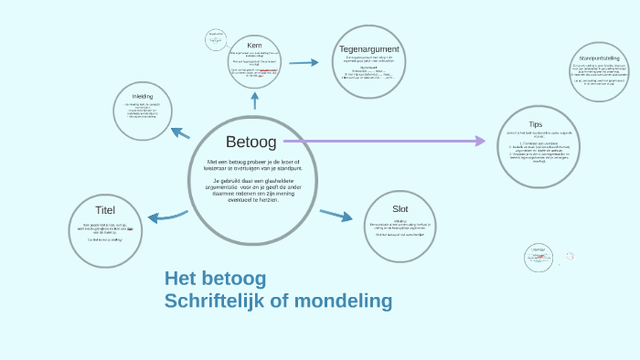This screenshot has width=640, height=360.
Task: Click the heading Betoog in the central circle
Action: point(251,142)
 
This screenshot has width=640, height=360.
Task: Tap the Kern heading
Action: point(254,46)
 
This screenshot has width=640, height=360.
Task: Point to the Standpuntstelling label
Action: point(600,58)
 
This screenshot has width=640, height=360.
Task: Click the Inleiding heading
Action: point(143,96)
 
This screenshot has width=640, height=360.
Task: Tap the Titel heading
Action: point(105,209)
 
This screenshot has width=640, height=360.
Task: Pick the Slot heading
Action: point(400,208)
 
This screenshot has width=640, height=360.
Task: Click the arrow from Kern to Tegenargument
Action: point(304,62)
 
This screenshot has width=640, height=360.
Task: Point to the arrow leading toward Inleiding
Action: point(180,133)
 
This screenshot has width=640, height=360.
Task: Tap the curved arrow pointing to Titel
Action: point(165,217)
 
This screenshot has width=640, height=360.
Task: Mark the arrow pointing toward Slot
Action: point(336,216)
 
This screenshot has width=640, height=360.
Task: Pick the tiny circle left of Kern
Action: point(217,40)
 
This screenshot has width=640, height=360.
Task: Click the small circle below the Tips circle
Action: point(539,257)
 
